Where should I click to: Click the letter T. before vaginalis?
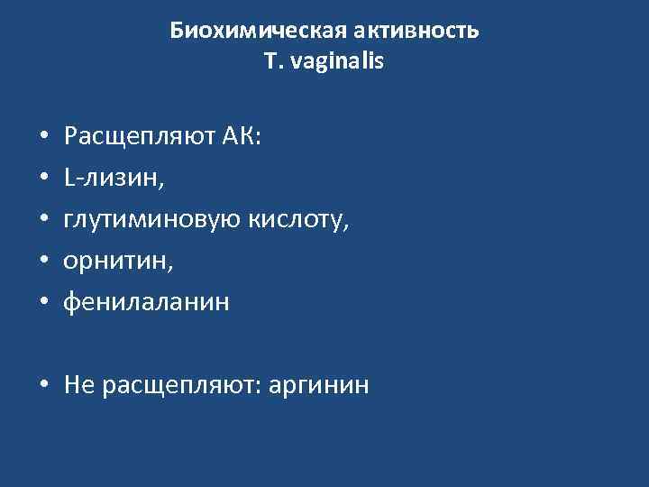point(272,64)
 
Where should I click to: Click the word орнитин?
point(115,262)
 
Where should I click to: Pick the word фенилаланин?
point(146,303)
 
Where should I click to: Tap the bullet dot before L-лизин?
point(44,180)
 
